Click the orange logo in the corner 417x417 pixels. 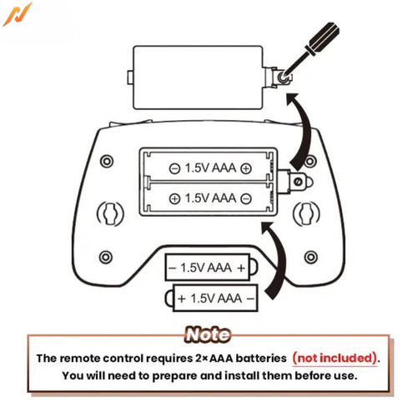click(x=18, y=14)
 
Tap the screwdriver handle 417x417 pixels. click(x=323, y=38)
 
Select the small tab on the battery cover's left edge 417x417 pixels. click(x=130, y=77)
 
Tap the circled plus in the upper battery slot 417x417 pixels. click(x=246, y=168)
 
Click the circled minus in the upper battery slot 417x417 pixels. click(x=174, y=168)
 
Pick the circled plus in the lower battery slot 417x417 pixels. click(x=174, y=198)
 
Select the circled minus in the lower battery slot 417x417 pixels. click(x=246, y=198)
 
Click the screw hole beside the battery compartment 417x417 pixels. click(x=298, y=182)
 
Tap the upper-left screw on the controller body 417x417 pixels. click(x=107, y=161)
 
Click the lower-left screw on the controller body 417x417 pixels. click(x=106, y=257)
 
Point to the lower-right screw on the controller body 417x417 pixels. click(x=311, y=257)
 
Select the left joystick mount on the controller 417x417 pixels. click(x=110, y=214)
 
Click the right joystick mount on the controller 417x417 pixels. click(x=306, y=214)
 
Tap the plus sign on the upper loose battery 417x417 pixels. click(x=241, y=268)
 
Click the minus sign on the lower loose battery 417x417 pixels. click(x=250, y=299)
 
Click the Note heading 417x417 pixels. click(x=208, y=334)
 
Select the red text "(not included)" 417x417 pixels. click(x=335, y=358)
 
